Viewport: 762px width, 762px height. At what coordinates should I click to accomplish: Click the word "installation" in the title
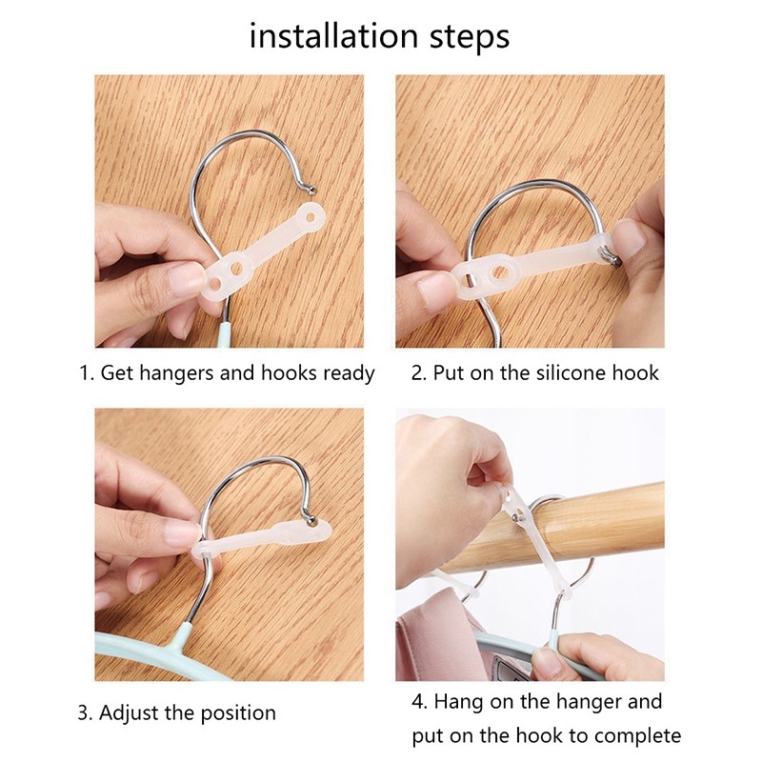coord(334,36)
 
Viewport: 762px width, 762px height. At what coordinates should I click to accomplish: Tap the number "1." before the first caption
coord(87,373)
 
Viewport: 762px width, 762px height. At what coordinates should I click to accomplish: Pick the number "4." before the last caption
coord(419,702)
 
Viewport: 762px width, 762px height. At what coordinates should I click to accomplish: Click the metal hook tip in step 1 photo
coord(311,190)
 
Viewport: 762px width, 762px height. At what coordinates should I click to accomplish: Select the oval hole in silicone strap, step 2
coord(501,272)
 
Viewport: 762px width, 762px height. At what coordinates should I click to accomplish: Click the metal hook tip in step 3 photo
coord(311,522)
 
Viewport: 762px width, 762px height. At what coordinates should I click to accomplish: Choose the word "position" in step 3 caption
coord(238,713)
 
